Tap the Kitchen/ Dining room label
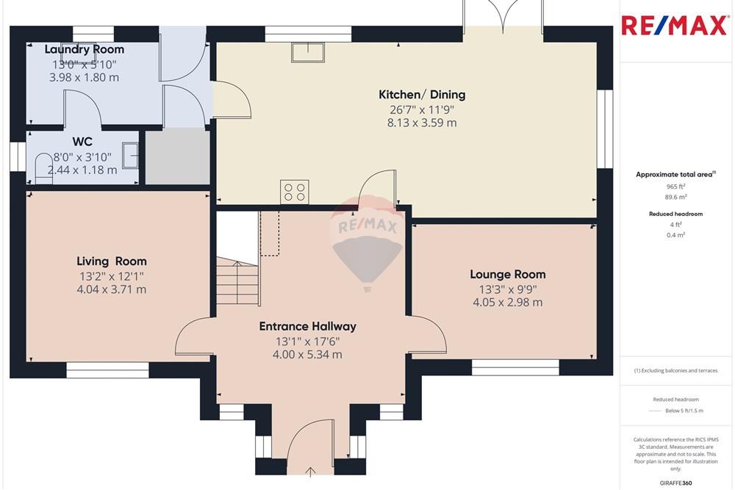pyautogui.click(x=422, y=94)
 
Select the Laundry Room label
pyautogui.click(x=84, y=49)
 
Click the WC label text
pyautogui.click(x=82, y=140)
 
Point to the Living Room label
pyautogui.click(x=112, y=261)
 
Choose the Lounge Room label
pyautogui.click(x=508, y=274)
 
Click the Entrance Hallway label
pyautogui.click(x=307, y=326)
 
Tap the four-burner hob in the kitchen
pyautogui.click(x=295, y=192)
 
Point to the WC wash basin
pyautogui.click(x=130, y=155)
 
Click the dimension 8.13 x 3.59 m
pyautogui.click(x=422, y=123)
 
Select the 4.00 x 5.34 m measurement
pyautogui.click(x=308, y=355)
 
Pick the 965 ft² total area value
pyautogui.click(x=675, y=187)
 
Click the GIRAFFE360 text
pyautogui.click(x=676, y=482)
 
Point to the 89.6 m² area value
pyautogui.click(x=675, y=197)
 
